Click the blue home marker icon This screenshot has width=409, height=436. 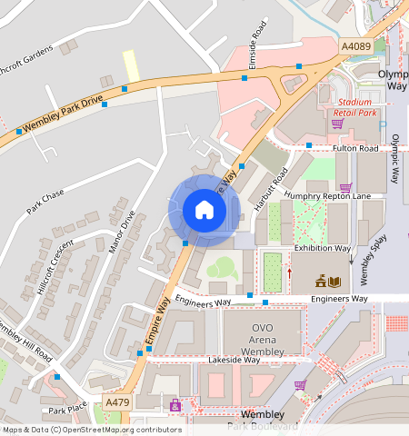(204, 211)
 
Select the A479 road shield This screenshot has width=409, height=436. (116, 401)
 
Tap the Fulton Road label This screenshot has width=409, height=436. (354, 147)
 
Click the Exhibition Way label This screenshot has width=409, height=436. (322, 247)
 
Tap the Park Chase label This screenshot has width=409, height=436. (45, 202)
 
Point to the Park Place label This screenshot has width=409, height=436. (67, 411)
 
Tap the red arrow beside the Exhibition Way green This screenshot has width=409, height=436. (290, 272)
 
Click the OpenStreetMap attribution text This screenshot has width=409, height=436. (92, 430)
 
